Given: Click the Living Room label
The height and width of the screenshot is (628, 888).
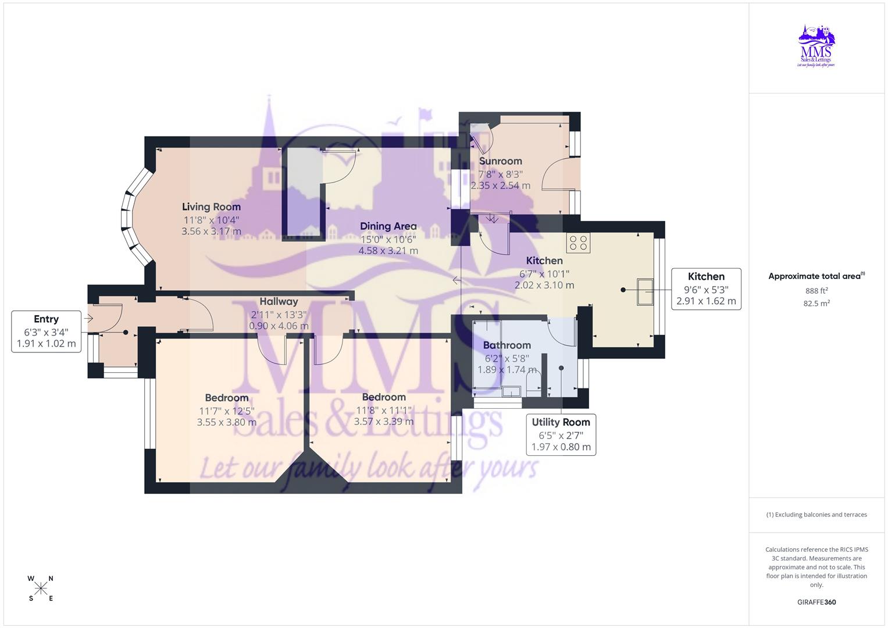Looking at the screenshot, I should tap(211, 206).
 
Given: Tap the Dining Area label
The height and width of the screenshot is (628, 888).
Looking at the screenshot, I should tap(388, 226).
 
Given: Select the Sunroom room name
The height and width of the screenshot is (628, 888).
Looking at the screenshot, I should tap(500, 161).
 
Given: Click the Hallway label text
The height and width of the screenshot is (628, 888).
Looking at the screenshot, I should tap(279, 301).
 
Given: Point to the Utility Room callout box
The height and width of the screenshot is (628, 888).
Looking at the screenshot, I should tap(561, 434).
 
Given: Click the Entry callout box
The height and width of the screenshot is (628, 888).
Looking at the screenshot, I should tap(47, 331).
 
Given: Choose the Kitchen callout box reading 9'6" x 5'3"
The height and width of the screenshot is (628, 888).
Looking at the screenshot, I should tap(706, 289).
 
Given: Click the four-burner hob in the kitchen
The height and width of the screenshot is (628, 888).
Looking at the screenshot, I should tap(578, 242).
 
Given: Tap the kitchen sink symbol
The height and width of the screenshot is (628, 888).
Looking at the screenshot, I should tap(645, 292).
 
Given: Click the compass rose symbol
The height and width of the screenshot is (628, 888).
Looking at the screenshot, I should tap(41, 588).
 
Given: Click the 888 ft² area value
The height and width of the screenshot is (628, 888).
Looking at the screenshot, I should tap(816, 291).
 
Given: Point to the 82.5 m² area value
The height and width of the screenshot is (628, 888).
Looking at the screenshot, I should tap(816, 303).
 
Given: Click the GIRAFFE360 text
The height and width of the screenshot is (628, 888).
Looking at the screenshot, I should tap(816, 602).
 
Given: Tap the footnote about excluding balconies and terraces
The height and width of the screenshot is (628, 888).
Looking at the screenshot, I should tap(816, 515).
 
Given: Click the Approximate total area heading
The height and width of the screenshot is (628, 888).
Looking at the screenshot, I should tap(815, 276).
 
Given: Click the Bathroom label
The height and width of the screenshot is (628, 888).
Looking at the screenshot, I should tap(507, 345).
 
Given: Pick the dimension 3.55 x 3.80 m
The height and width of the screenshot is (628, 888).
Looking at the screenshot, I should tap(226, 423).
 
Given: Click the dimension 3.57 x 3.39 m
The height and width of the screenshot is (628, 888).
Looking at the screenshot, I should tap(384, 422).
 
